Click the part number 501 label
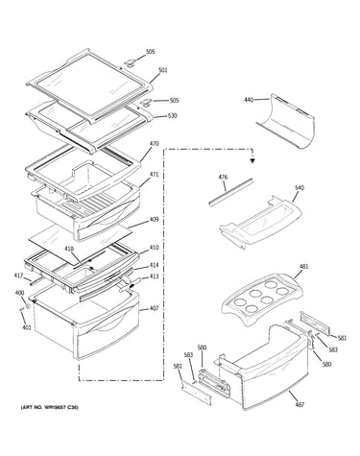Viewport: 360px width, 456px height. tap(163, 70)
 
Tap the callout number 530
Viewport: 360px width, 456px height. tap(173, 115)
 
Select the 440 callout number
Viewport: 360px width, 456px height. tap(249, 100)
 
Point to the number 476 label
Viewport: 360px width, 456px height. tap(223, 177)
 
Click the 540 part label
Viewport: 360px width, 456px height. tap(299, 188)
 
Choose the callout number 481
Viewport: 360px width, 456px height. tap(303, 266)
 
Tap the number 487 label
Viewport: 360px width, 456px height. tap(300, 405)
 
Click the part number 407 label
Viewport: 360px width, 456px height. tap(154, 308)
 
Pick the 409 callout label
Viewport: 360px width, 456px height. tap(154, 220)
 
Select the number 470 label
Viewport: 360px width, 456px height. tap(154, 144)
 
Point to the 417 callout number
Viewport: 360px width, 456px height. tap(18, 276)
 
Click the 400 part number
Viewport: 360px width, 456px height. tap(19, 293)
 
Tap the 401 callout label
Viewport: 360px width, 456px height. tap(27, 327)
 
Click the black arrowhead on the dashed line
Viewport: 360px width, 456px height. tap(252, 161)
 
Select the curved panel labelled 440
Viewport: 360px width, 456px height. tap(286, 121)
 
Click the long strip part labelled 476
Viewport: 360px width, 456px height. tap(231, 192)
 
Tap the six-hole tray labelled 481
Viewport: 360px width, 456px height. tap(262, 300)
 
